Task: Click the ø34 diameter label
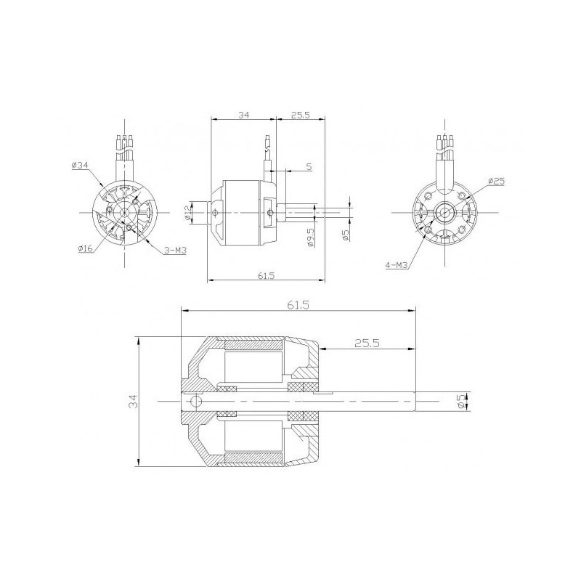point(80,166)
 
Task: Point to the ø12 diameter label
point(188,211)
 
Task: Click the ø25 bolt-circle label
point(497,181)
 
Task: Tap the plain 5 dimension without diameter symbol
point(309,167)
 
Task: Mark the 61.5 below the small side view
point(267,276)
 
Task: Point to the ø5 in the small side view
point(346,235)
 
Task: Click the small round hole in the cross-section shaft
point(195,402)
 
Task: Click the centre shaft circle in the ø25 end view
point(443,212)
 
